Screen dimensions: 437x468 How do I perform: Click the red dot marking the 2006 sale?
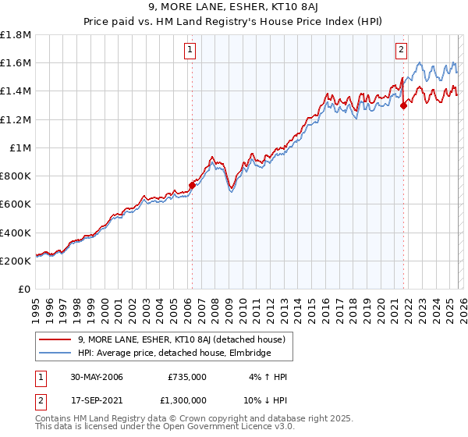pos(192,186)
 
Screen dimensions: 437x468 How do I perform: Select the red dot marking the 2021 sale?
pos(403,105)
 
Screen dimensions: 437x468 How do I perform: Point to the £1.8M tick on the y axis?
pos(16,35)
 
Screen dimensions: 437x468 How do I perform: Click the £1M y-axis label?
pos(21,147)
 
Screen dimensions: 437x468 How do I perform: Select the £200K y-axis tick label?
pos(16,261)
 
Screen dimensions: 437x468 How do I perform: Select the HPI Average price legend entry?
pos(172,354)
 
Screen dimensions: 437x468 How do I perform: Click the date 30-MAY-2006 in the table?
pos(89,377)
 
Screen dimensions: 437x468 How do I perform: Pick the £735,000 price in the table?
pos(186,377)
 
